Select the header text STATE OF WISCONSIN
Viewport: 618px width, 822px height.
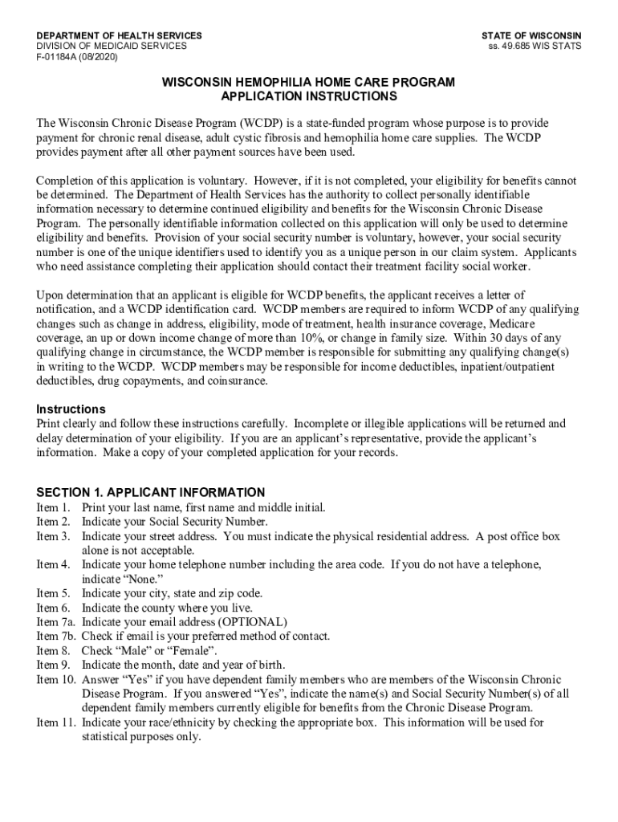click(x=531, y=36)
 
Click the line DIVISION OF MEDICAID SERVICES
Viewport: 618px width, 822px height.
click(x=112, y=47)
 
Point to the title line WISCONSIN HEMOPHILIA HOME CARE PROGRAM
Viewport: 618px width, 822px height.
click(x=309, y=83)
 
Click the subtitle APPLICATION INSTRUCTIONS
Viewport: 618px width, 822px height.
click(x=309, y=96)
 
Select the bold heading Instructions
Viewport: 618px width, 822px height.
click(x=71, y=409)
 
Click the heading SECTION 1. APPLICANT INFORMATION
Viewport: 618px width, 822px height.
click(x=151, y=492)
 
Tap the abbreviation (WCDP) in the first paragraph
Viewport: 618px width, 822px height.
click(x=258, y=123)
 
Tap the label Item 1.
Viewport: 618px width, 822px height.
click(x=53, y=507)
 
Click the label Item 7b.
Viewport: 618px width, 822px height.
click(x=55, y=637)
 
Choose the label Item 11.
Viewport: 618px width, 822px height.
click(x=55, y=722)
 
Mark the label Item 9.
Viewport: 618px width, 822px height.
click(x=53, y=665)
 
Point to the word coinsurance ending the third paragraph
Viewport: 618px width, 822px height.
click(x=234, y=381)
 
